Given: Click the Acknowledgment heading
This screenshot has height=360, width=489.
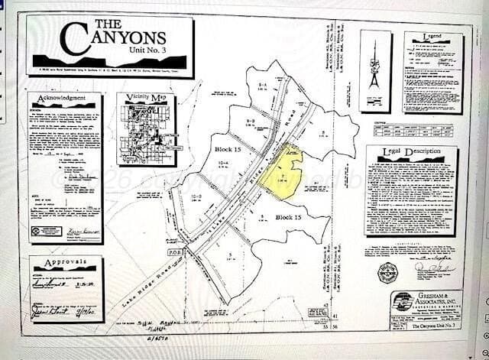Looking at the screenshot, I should pos(66,99).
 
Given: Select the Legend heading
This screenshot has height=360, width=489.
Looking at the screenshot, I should pos(432,37).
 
